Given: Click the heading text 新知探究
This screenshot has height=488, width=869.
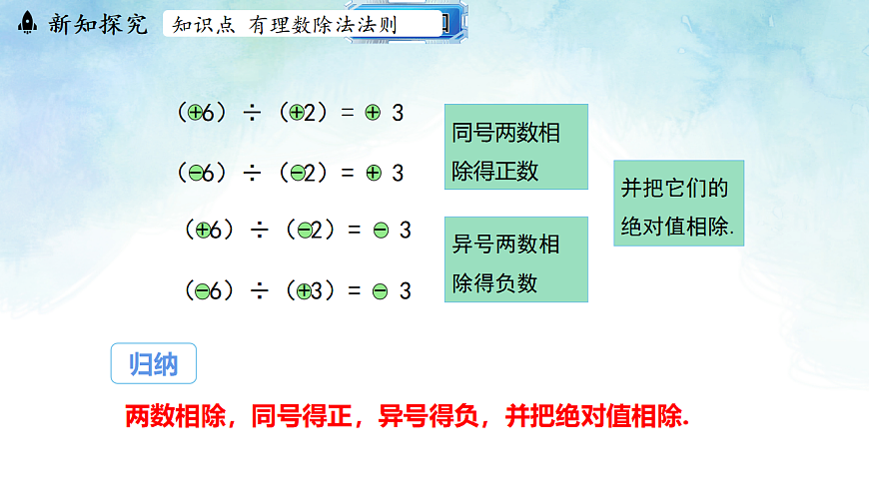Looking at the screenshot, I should pos(97,24).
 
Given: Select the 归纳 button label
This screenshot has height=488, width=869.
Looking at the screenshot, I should pos(153,364).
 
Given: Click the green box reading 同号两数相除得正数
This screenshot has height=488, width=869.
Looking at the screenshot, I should pos(515,147).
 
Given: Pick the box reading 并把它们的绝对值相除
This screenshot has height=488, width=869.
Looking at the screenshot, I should pos(678,204).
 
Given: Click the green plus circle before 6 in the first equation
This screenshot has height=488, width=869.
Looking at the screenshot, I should pos(195,114).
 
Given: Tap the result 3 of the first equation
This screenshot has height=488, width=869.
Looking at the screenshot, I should pos(398,114).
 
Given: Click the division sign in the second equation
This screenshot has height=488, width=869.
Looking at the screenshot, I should pos(252,173).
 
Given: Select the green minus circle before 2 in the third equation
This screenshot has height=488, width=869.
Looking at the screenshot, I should pos(305,231).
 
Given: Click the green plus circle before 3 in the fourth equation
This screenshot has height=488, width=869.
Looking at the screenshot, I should pos(305,291).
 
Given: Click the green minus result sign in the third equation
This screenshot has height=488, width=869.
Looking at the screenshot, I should pos(381,231).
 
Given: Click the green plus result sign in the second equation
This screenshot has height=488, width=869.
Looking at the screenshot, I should pos(374,173).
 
